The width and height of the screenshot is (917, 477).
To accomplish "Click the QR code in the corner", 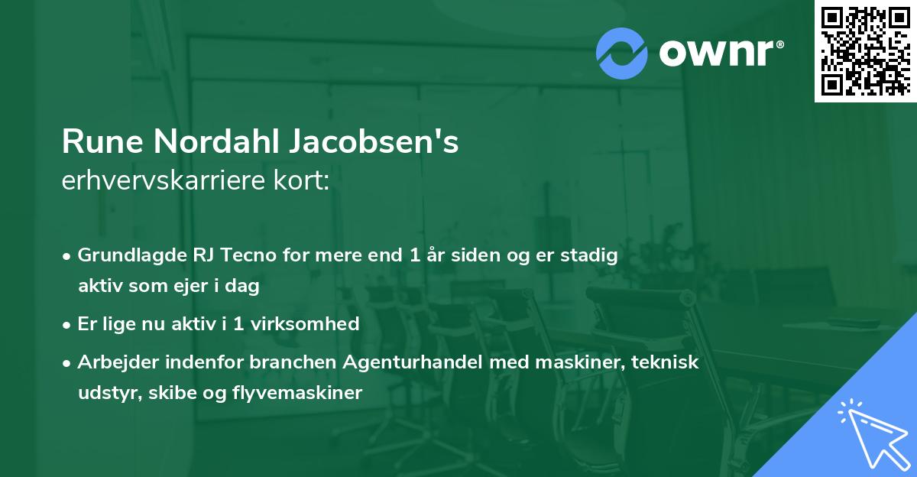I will click(866, 50).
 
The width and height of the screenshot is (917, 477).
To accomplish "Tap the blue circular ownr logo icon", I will click(621, 53).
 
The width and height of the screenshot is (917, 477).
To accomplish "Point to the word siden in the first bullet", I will click(458, 255).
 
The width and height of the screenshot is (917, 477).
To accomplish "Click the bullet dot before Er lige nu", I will click(68, 324).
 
